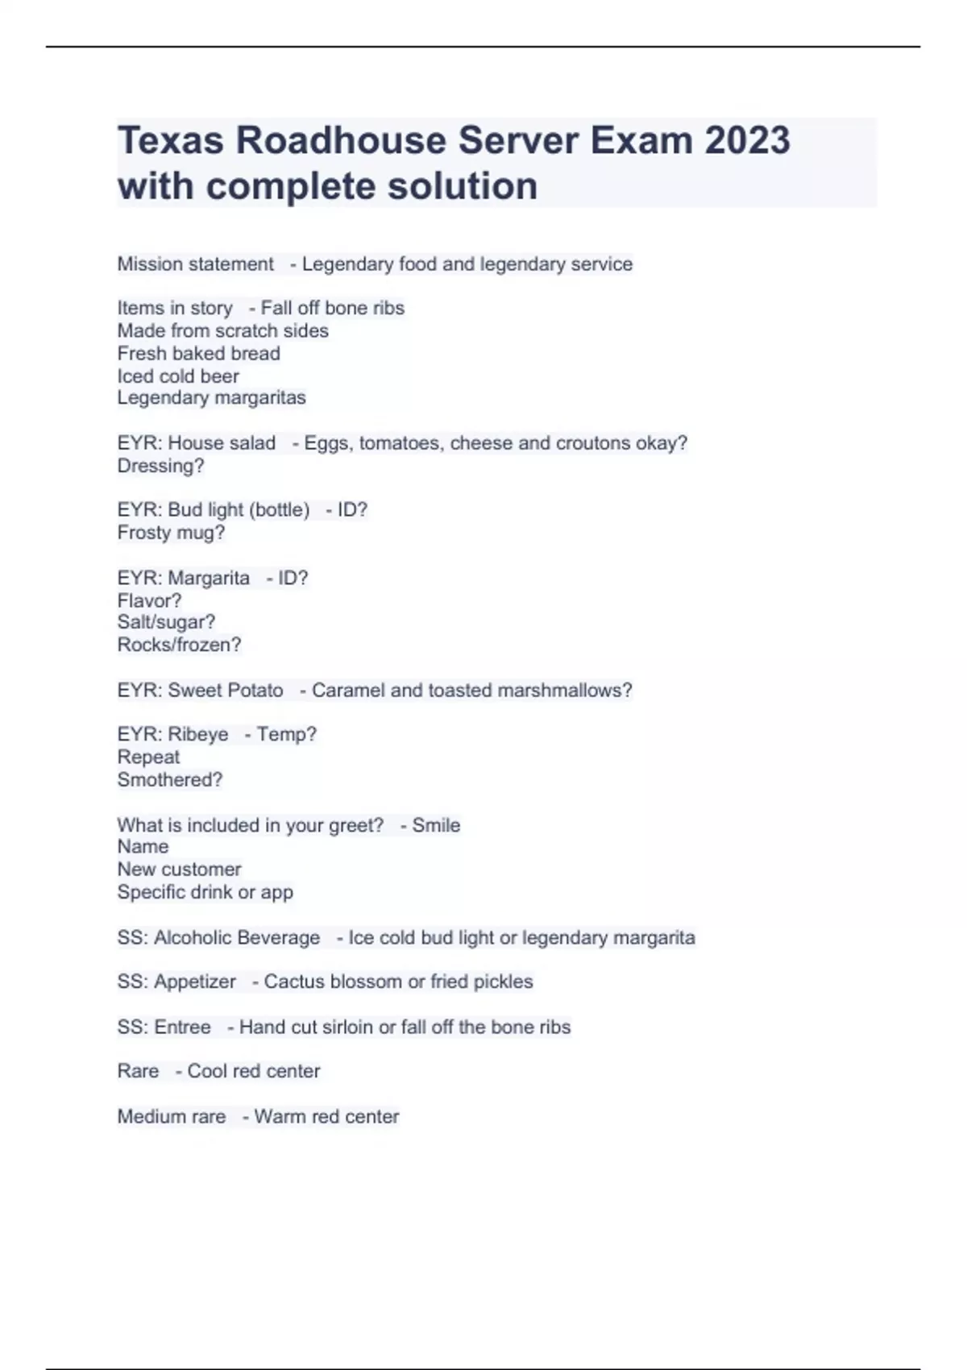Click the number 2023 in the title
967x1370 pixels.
coord(747,141)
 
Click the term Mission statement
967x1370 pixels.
coord(195,264)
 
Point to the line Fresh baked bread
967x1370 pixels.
coord(198,353)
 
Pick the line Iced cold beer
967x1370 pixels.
coord(178,376)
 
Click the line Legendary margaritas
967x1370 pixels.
coord(211,397)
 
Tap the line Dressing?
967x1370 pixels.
coord(160,466)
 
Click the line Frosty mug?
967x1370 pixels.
coord(171,533)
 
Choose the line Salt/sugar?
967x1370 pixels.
coord(166,622)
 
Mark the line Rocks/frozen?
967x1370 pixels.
coord(179,645)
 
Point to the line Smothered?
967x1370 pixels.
coord(169,779)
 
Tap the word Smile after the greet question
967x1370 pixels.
coord(436,825)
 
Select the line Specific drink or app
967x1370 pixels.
coord(205,892)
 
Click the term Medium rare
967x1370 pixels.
coord(171,1116)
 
